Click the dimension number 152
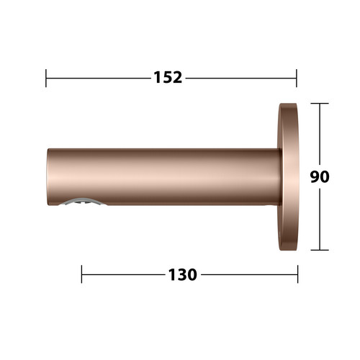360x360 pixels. tap(168, 78)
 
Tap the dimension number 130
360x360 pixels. tap(183, 274)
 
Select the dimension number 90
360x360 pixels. tap(320, 176)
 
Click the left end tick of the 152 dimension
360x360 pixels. tap(46, 78)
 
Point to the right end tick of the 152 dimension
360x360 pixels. tap(297, 78)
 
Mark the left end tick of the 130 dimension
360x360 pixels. tap(81, 274)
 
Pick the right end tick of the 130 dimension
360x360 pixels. tap(298, 274)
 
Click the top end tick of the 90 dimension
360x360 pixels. tap(320, 103)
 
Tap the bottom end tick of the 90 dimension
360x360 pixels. tap(320, 250)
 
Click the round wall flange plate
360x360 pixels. tap(288, 177)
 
